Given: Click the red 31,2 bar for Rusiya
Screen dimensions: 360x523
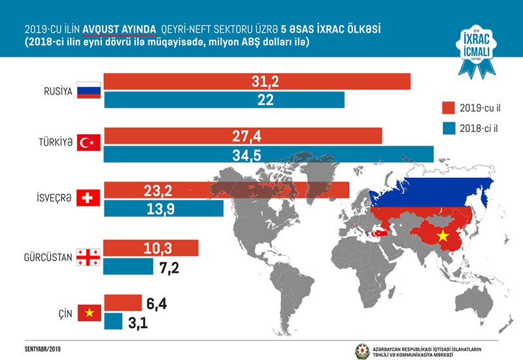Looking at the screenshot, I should (256, 82).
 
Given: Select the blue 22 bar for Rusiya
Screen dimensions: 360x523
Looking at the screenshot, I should (224, 99).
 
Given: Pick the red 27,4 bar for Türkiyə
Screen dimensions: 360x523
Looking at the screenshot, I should (243, 136).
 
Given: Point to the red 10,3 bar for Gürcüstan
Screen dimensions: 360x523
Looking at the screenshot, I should (150, 248).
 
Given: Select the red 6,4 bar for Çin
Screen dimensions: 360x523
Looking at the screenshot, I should (122, 303).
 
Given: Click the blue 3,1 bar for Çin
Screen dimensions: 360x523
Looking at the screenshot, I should (113, 321).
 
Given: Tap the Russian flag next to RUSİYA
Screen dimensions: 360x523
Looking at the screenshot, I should (87, 91).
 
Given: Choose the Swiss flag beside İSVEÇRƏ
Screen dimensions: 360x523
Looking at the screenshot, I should (87, 198).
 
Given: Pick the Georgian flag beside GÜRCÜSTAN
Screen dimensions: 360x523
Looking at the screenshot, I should (87, 257).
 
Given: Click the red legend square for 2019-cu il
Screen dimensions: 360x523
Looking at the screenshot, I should (448, 106).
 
